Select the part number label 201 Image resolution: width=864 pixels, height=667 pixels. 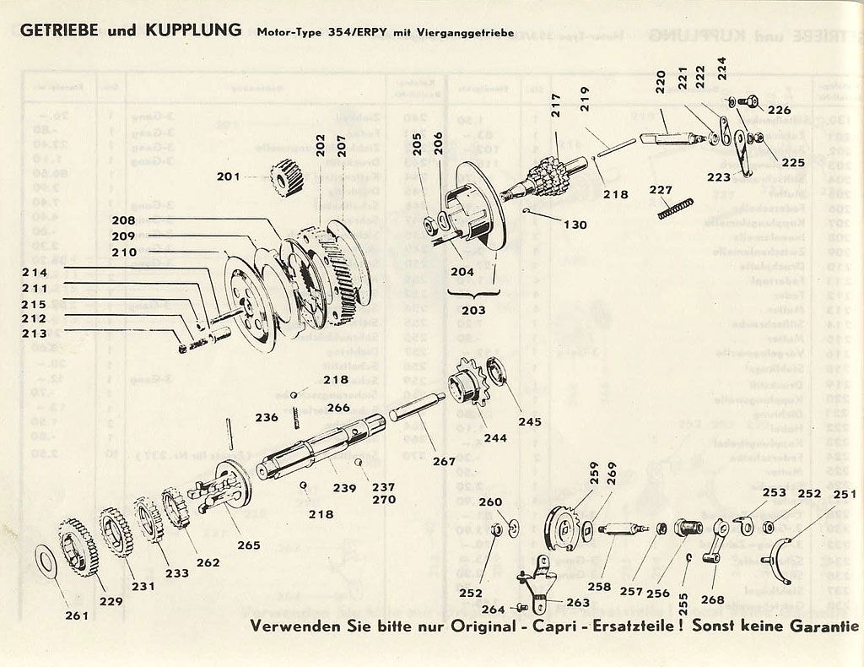pos(229,176)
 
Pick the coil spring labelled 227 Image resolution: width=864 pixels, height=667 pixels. pos(676,209)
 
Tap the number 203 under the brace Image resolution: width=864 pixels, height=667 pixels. pos(473,310)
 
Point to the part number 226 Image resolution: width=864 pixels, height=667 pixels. pos(779,110)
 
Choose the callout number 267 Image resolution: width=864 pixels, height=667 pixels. pos(444,461)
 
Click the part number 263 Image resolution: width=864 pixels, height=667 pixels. pos(578,602)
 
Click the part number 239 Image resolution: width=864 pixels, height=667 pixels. pos(343,488)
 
